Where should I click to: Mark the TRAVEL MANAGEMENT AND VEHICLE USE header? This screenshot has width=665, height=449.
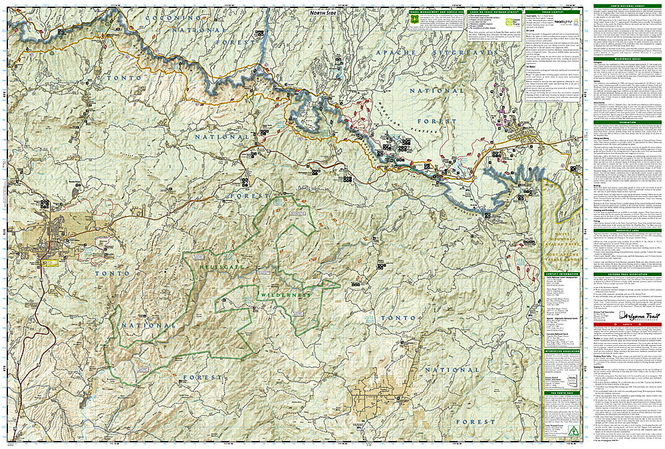click(x=436, y=11)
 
